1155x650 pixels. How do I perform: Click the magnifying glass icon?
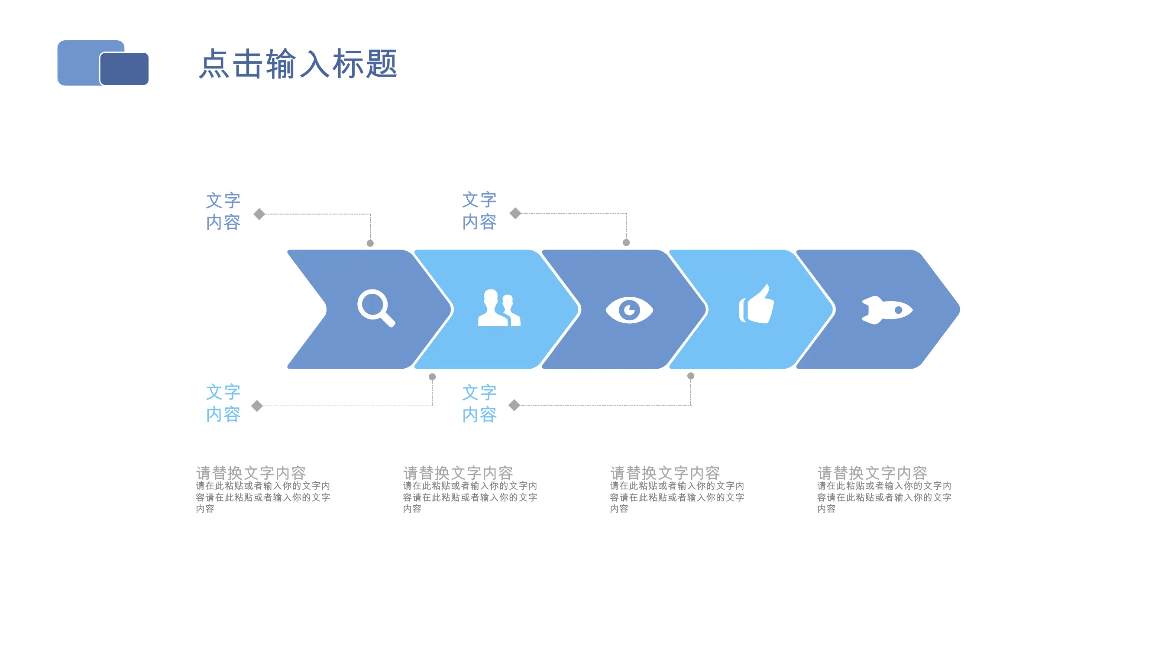coord(376,308)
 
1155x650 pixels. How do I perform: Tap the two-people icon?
coord(498,308)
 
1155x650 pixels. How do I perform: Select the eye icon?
coord(629,310)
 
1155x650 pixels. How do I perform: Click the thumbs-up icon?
coord(757,304)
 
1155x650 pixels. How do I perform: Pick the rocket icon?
coord(887,310)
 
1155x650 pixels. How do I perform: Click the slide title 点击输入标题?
coord(298,64)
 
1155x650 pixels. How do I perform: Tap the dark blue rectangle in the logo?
coord(124,68)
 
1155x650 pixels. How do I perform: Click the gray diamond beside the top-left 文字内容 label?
coord(259,214)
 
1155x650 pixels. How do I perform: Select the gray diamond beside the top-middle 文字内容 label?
coord(516,213)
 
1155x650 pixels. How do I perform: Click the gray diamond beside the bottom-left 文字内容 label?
coord(257,406)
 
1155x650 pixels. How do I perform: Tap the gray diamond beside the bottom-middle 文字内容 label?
coord(514,405)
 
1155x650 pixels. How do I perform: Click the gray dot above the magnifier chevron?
coord(370,243)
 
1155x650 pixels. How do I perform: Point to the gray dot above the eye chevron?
coord(626,243)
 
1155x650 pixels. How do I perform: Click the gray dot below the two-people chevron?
coord(432,377)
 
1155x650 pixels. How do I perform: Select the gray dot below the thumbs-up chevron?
coord(691,376)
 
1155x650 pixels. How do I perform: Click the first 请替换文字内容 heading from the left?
coord(251,473)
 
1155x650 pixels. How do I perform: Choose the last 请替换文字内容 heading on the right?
coord(873,473)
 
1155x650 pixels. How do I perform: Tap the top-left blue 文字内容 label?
coord(223,211)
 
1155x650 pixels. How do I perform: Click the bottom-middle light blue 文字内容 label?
coord(480,403)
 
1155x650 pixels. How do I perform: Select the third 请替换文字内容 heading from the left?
coord(665,473)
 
